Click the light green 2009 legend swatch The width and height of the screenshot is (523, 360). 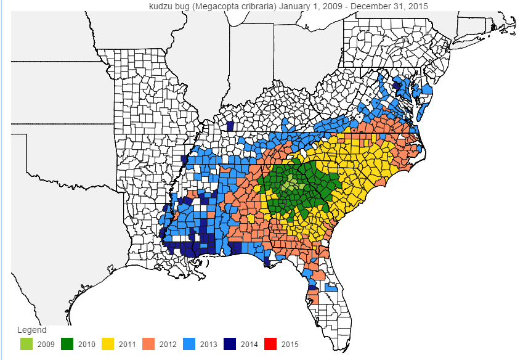point(26,343)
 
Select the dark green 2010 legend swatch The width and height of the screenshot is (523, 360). point(67,343)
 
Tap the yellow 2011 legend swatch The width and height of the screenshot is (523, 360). point(108,343)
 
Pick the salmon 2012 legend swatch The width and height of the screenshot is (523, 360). point(148,343)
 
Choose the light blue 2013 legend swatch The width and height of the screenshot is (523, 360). point(189,343)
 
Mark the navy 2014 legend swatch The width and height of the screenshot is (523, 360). point(230,343)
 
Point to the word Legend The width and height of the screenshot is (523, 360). point(31,330)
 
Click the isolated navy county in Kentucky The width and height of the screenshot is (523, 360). point(230,126)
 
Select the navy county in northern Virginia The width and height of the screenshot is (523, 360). point(397,86)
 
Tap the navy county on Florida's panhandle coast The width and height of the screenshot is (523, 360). point(267,262)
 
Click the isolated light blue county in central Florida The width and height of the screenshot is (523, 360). point(331,288)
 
